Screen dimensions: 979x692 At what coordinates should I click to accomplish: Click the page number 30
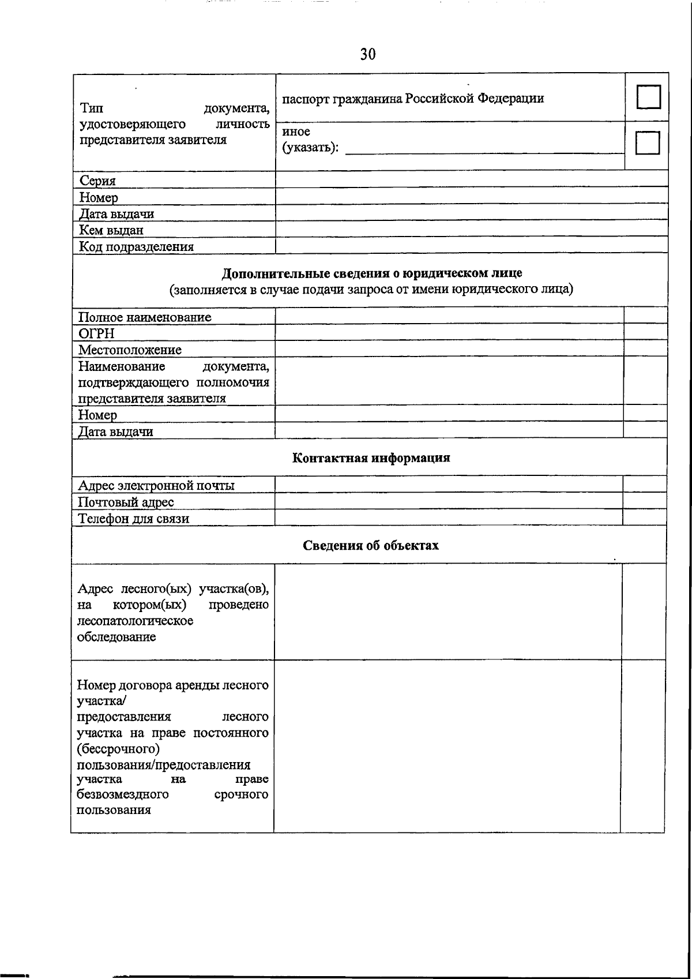pos(368,54)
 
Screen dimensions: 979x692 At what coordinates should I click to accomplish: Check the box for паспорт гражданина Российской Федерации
pos(648,97)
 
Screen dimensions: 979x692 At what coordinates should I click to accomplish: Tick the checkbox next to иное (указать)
pos(647,142)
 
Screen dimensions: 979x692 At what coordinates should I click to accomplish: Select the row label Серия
pos(97,181)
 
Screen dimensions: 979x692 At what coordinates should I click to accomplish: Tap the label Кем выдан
pos(111,230)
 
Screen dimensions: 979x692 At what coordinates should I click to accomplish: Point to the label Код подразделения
pos(136,247)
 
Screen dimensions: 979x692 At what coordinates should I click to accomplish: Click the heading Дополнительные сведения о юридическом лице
pos(372,273)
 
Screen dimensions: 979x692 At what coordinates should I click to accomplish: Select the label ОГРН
pos(96,333)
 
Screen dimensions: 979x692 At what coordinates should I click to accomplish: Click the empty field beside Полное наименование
pos(449,316)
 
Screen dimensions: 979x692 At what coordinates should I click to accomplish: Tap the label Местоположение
pos(130,350)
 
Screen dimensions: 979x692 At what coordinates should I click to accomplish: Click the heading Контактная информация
pos(371,458)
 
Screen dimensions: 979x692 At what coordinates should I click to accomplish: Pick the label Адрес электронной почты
pos(156,485)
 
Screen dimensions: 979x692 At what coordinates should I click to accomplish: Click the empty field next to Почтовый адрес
pos(449,501)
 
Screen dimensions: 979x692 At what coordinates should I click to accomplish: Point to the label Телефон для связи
pos(134,518)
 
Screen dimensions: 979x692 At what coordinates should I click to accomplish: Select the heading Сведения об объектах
pos(371,545)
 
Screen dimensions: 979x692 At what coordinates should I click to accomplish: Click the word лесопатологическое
pos(135,621)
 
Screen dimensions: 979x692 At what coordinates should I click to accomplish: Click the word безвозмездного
pos(123,794)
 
